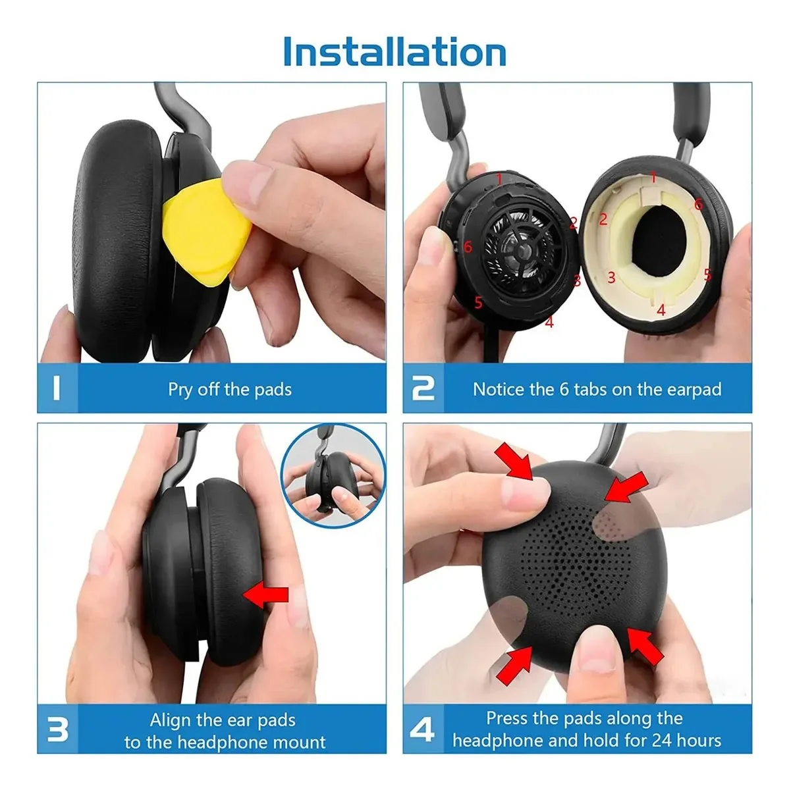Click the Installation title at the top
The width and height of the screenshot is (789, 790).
point(394,51)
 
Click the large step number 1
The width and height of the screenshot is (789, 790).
point(57,388)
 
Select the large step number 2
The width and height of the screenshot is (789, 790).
point(423,388)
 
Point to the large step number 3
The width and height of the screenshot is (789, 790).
point(57,729)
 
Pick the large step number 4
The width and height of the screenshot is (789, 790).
point(422,729)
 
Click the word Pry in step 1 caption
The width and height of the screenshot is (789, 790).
point(180,390)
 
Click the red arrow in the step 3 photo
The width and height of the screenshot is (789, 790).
point(265,594)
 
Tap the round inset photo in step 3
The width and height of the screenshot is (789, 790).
point(333,475)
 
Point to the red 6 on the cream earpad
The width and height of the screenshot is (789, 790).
point(698,203)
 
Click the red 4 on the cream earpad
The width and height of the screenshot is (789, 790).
point(661,310)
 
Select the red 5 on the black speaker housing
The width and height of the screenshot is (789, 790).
point(478,303)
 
